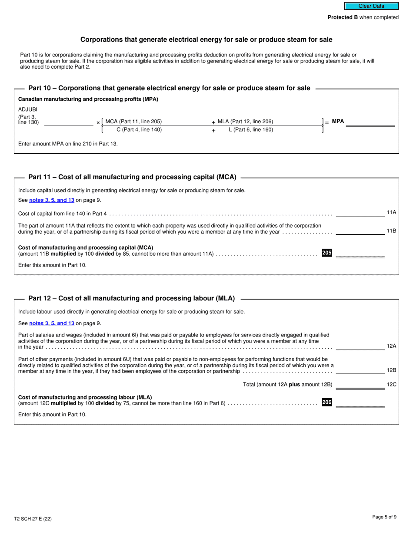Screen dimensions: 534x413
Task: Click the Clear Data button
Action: click(371, 6)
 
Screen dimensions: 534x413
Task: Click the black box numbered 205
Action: click(326, 253)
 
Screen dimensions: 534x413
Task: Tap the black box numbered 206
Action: click(326, 402)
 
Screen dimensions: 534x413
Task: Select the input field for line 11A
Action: click(360, 212)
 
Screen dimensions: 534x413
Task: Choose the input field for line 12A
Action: click(360, 346)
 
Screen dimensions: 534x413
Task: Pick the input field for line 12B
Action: click(360, 370)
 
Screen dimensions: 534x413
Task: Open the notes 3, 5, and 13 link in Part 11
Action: click(52, 200)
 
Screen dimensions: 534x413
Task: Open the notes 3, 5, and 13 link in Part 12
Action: click(52, 323)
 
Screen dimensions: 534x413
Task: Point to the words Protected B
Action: click(343, 17)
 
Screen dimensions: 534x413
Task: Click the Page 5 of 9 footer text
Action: click(384, 517)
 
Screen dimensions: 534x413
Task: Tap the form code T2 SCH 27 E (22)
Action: click(33, 519)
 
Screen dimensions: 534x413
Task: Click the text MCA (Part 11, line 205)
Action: click(133, 122)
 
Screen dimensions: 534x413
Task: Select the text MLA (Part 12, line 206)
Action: click(245, 122)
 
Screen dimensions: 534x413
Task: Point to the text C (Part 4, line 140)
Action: click(139, 130)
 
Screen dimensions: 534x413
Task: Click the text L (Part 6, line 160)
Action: click(251, 130)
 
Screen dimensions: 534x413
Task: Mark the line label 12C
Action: click(391, 385)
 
